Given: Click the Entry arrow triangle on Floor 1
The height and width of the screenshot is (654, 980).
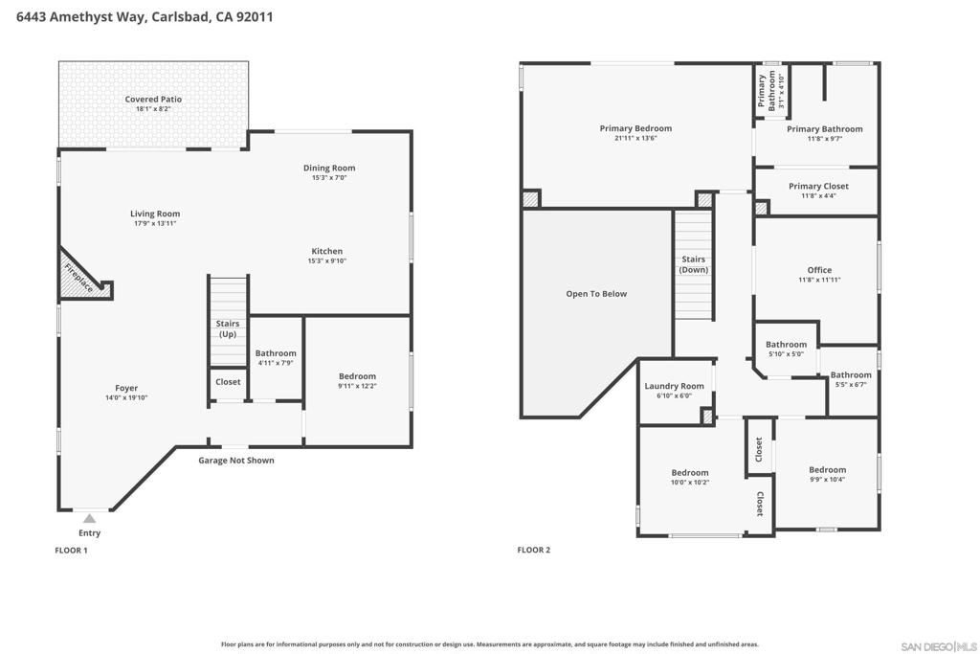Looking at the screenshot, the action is [x=89, y=518].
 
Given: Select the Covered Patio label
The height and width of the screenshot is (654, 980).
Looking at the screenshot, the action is [x=153, y=99].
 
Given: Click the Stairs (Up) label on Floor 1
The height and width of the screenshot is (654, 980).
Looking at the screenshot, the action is [x=228, y=328].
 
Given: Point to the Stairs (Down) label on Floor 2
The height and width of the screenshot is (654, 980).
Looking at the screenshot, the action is [x=694, y=264].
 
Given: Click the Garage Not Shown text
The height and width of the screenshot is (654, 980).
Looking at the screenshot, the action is [x=236, y=461].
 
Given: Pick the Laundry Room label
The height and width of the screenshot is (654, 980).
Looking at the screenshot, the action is [x=674, y=386].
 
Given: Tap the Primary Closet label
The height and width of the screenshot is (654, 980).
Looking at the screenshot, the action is [x=818, y=186].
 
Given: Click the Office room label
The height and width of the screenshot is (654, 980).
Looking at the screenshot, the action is [x=819, y=270].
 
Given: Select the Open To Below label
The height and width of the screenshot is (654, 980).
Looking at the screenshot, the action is [x=596, y=294].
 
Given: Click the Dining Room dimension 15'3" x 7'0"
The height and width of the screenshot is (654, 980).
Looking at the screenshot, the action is [x=329, y=177].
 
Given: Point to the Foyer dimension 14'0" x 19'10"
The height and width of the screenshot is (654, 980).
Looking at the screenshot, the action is [x=126, y=397].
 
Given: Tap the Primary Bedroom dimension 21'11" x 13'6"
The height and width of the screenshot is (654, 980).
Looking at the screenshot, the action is [x=635, y=138].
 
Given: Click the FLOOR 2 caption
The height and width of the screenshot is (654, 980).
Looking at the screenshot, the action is [x=534, y=551].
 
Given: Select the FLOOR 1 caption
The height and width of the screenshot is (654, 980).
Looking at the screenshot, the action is [x=71, y=551].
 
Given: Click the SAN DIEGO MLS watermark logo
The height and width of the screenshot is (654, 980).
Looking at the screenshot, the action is [x=939, y=646].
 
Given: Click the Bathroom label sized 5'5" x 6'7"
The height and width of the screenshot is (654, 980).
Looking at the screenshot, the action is [x=851, y=374].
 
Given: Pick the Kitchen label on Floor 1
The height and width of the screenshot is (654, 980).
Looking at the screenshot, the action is [x=327, y=251].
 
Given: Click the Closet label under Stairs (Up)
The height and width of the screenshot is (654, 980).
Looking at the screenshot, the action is [x=228, y=381].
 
